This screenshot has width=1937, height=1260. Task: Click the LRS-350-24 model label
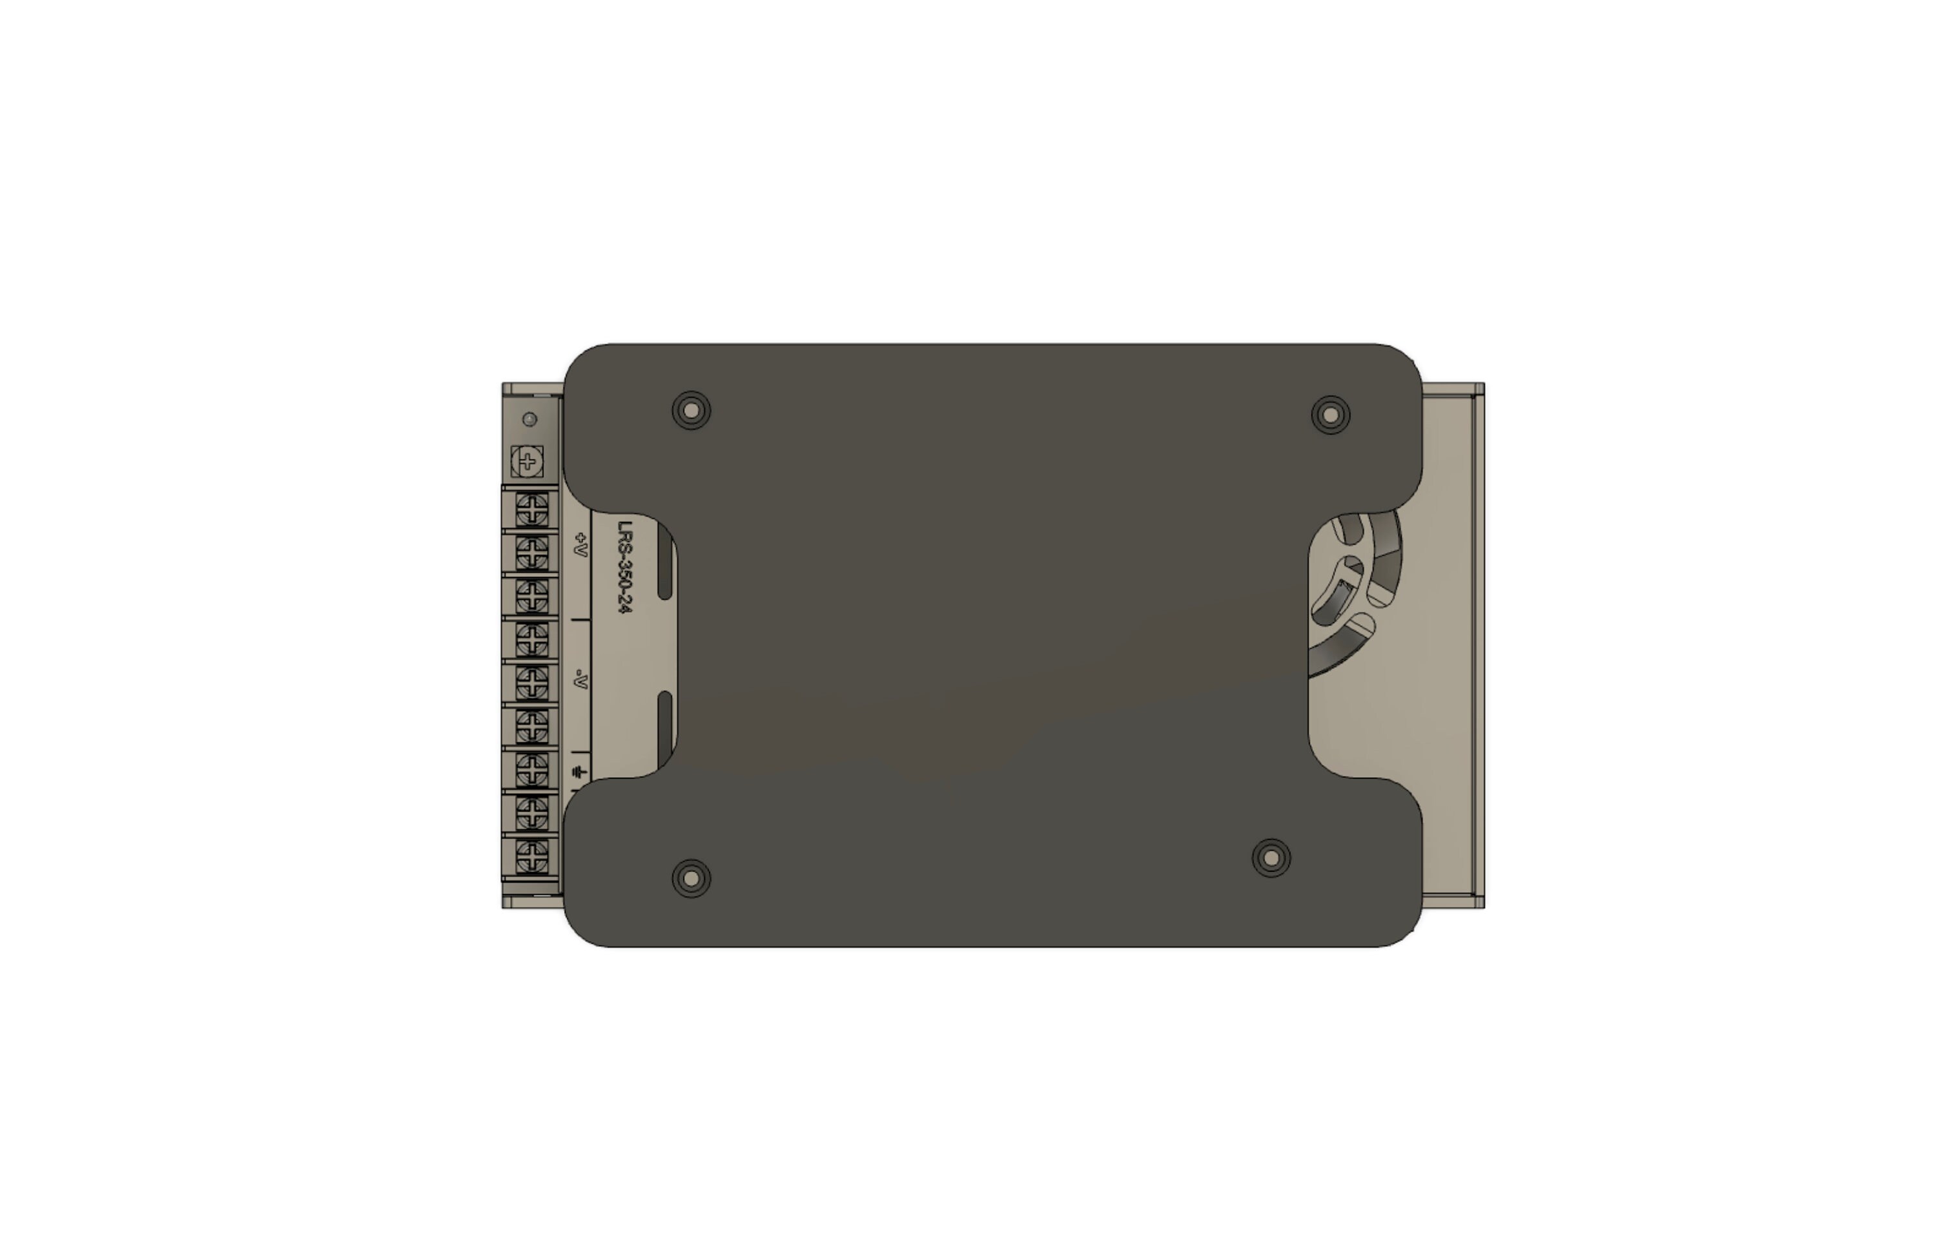point(624,566)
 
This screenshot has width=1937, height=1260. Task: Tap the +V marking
point(581,544)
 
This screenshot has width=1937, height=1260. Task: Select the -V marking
point(580,678)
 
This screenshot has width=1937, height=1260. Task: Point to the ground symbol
point(579,772)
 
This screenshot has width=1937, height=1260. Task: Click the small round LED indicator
point(530,419)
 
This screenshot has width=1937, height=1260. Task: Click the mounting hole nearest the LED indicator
point(691,411)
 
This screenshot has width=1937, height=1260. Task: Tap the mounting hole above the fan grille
point(1331,415)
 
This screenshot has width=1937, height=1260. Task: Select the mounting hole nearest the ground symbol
point(691,878)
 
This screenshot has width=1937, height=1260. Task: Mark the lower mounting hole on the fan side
point(1271,858)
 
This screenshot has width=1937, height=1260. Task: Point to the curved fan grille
point(1355,594)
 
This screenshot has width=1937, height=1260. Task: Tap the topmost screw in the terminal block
point(531,510)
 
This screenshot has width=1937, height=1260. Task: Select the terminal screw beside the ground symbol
point(531,769)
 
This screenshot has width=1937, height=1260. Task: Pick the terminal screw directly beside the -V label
point(531,683)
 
